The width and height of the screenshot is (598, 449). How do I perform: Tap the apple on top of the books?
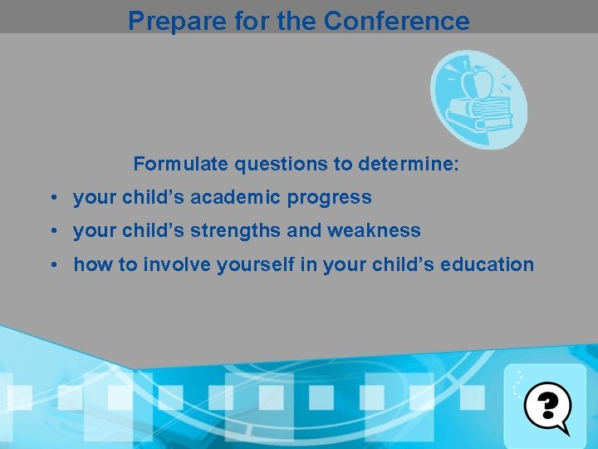tap(480, 82)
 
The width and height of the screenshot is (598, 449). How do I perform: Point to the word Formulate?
tap(180, 164)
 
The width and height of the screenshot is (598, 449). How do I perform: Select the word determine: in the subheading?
tap(408, 164)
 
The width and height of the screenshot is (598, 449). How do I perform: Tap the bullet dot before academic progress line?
tap(52, 199)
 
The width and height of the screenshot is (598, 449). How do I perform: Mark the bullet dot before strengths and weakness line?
tap(52, 232)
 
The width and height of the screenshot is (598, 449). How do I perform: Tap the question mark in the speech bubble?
tap(547, 405)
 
